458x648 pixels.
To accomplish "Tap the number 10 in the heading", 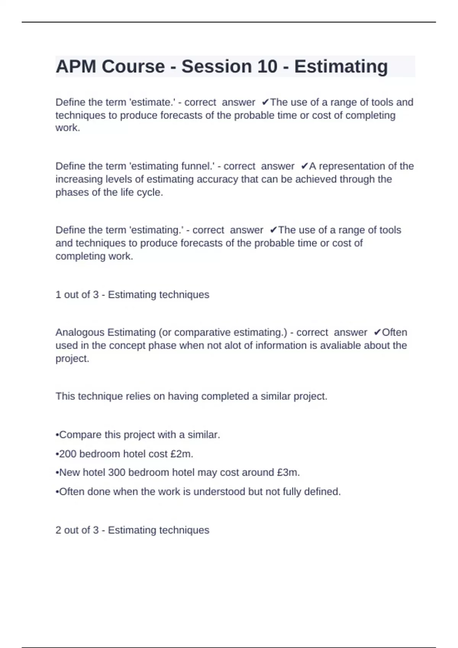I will (267, 66).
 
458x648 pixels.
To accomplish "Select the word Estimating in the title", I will (341, 66).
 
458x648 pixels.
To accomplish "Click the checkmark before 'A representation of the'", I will (304, 166).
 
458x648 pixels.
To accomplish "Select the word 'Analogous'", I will (80, 332).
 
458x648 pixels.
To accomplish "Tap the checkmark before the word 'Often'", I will (377, 332).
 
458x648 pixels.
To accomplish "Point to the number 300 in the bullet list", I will (117, 473).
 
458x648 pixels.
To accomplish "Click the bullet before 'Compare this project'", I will (57, 435).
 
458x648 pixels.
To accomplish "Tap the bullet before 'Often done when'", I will (57, 492).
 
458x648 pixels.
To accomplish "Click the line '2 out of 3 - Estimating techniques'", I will (132, 530).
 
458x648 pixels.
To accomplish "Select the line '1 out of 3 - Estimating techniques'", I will (132, 295).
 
